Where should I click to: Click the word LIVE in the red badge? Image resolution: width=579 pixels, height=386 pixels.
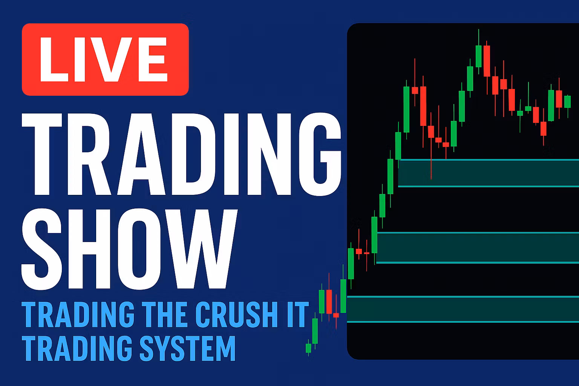pyautogui.click(x=103, y=60)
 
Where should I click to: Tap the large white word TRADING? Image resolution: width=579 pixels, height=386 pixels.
pyautogui.click(x=181, y=154)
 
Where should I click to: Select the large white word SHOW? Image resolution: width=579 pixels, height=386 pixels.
pyautogui.click(x=129, y=249)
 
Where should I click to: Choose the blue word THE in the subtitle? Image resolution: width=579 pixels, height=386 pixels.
pyautogui.click(x=164, y=315)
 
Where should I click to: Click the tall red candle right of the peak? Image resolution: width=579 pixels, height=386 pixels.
pyautogui.click(x=487, y=61)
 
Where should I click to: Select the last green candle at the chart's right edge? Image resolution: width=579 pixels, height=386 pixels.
pyautogui.click(x=568, y=101)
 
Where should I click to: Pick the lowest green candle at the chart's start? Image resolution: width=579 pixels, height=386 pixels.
pyautogui.click(x=308, y=348)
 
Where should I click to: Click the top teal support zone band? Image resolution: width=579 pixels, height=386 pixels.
pyautogui.click(x=489, y=173)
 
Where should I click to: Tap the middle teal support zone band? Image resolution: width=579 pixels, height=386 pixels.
pyautogui.click(x=478, y=248)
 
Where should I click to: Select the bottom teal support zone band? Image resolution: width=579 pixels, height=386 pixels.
pyautogui.click(x=463, y=309)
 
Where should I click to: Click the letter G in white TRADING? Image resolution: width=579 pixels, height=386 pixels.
pyautogui.click(x=320, y=154)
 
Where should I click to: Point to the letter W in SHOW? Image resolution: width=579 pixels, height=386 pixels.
pyautogui.click(x=202, y=249)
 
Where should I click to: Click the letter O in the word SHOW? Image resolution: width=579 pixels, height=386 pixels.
pyautogui.click(x=139, y=249)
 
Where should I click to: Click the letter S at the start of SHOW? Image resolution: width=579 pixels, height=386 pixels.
pyautogui.click(x=41, y=249)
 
